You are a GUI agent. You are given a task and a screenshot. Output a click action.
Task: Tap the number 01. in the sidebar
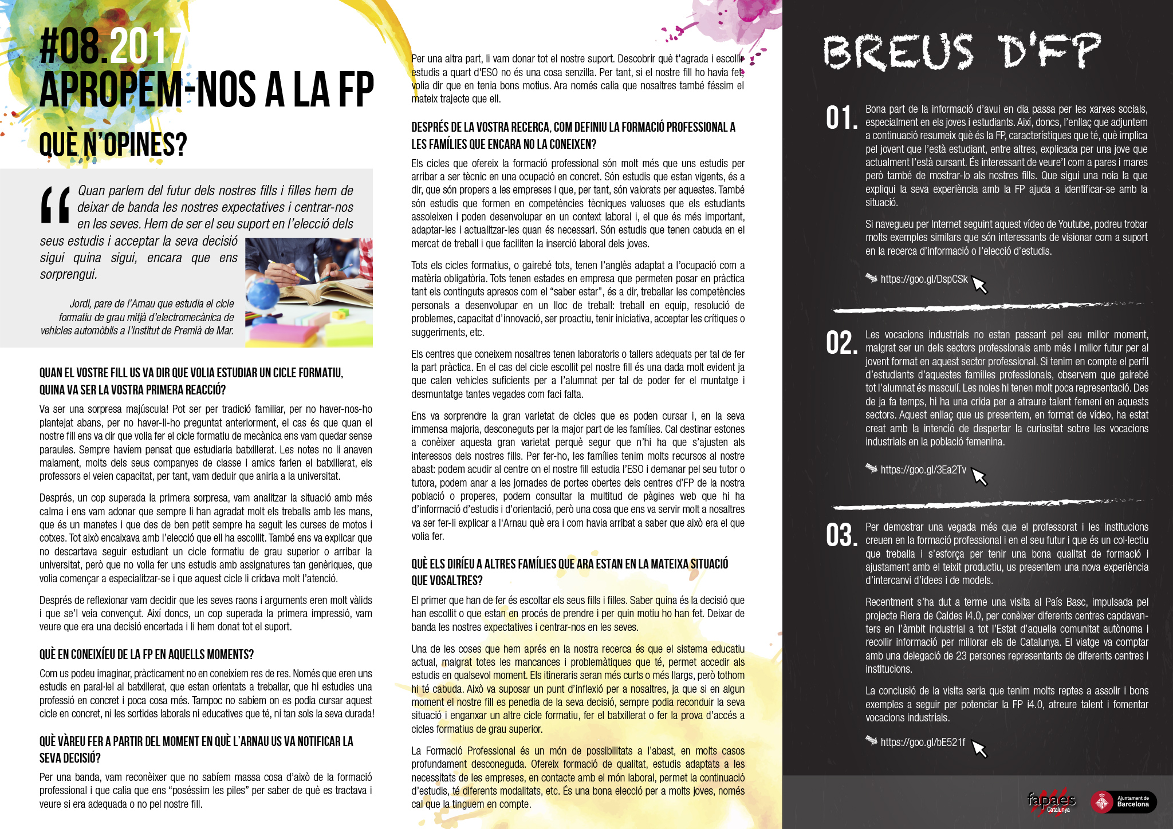[x=841, y=118]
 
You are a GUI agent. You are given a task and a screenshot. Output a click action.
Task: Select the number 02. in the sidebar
[x=841, y=344]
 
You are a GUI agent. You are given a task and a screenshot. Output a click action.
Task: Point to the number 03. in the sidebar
[x=841, y=536]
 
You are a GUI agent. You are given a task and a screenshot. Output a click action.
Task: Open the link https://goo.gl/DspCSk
[x=923, y=279]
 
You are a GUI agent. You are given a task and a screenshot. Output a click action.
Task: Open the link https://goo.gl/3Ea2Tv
[x=923, y=470]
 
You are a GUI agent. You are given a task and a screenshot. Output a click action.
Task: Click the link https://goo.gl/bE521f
[x=922, y=743]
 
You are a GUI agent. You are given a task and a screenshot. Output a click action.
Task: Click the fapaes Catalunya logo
[x=1051, y=802]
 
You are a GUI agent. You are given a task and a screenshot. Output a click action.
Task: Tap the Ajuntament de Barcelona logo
[x=1123, y=802]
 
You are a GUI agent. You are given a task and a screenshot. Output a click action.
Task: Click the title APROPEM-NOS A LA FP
[x=206, y=90]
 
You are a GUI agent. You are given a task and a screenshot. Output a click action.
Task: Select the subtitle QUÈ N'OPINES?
[x=113, y=144]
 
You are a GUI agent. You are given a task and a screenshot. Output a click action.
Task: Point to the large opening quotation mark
[x=56, y=204]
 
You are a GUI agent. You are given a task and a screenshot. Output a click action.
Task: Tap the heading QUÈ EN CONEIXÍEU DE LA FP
[x=146, y=654]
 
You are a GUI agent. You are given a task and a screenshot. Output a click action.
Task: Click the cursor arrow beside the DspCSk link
[x=979, y=284]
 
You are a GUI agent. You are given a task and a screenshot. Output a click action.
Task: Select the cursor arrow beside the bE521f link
[x=979, y=748]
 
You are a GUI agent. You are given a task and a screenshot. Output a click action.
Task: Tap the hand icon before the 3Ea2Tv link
[x=871, y=468]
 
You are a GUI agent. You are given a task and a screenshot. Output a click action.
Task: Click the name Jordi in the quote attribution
[x=80, y=304]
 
